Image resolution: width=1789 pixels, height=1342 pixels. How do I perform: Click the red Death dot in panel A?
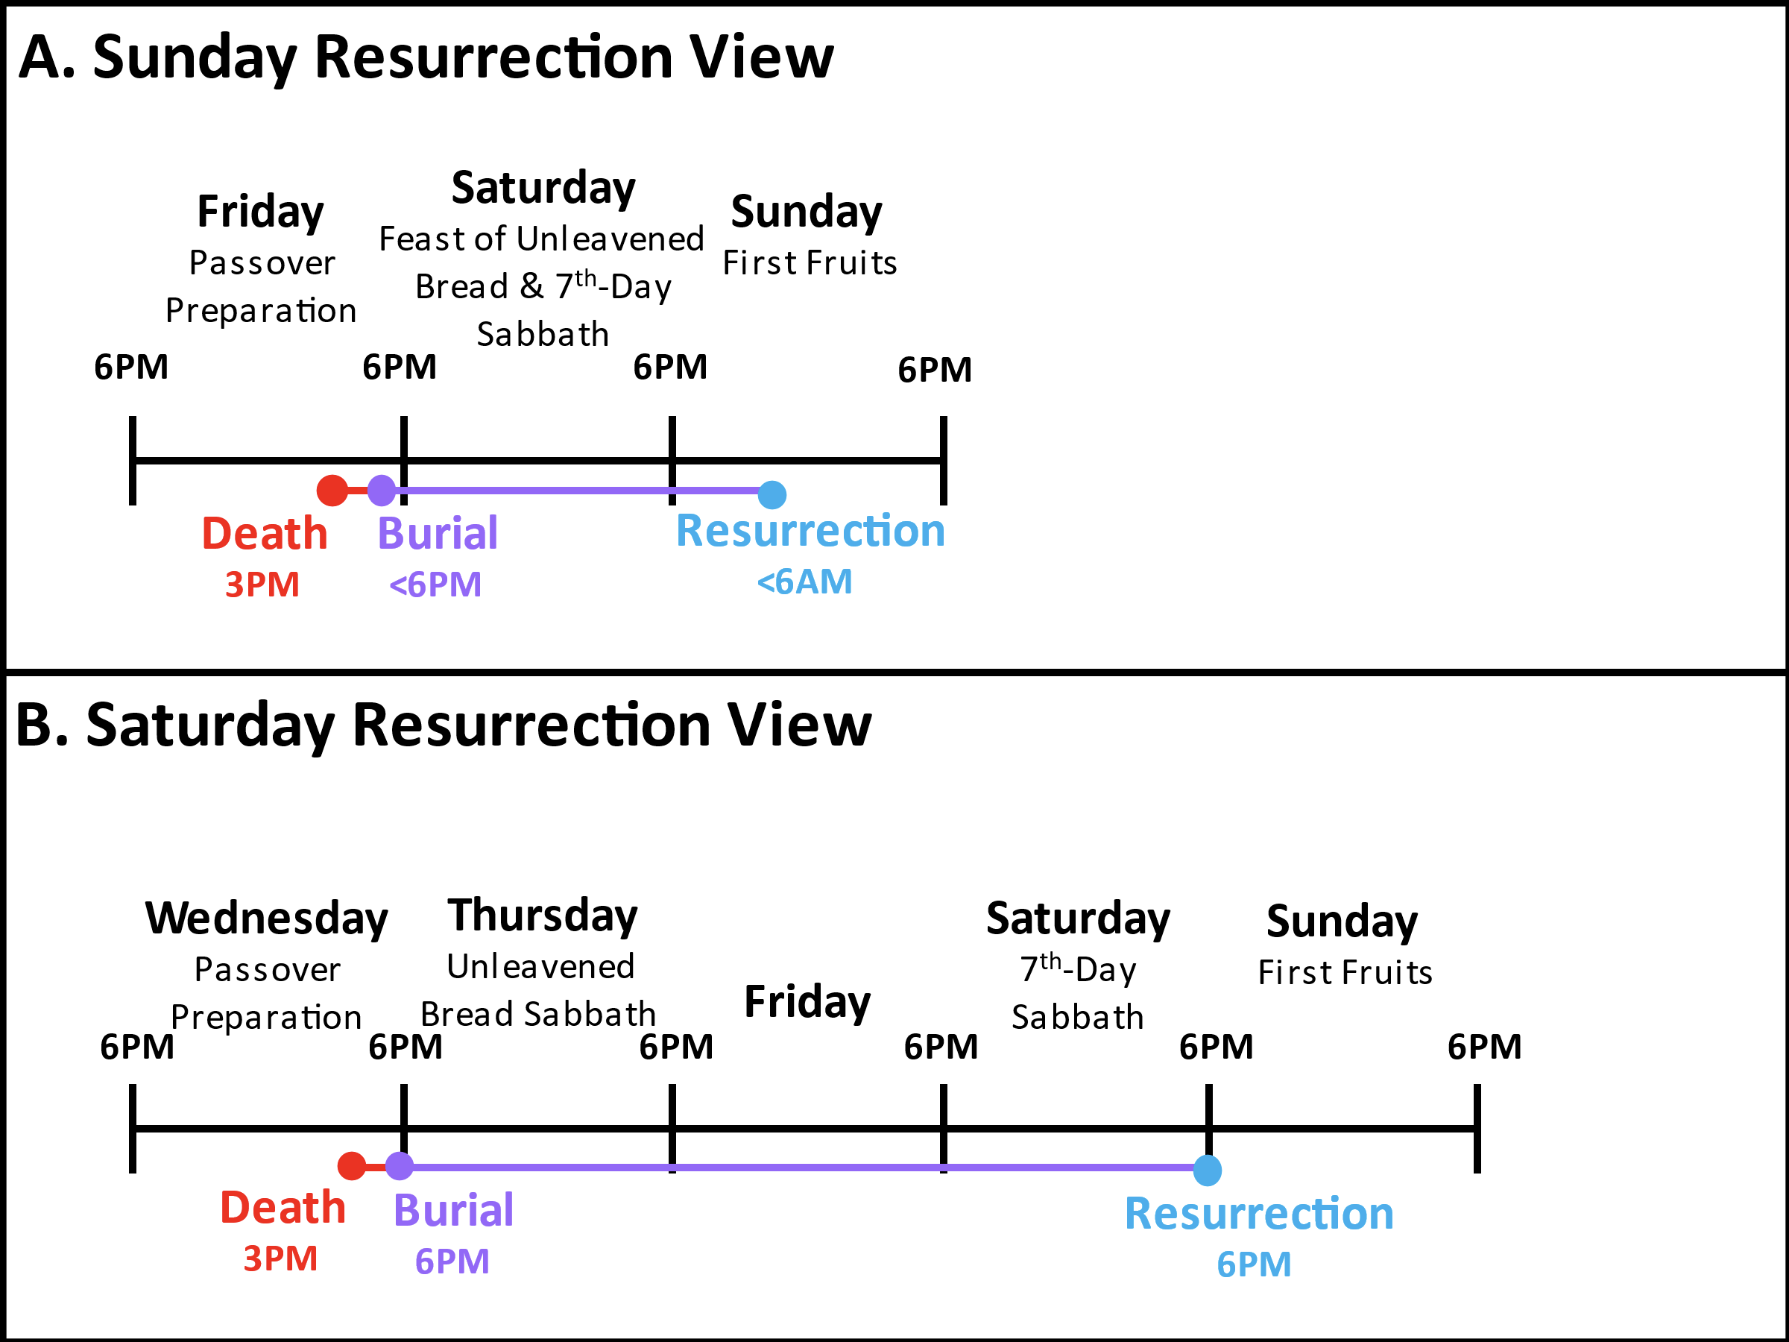coord(332,491)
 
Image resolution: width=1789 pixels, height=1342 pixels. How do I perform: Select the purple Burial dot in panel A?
coord(382,491)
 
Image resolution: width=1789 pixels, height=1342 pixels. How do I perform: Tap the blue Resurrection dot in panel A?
coord(772,494)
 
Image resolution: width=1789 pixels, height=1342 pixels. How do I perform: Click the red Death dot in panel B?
coord(352,1165)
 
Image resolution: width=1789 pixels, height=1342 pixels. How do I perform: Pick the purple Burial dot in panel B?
coord(400,1165)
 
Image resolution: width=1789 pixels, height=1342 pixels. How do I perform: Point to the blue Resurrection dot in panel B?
coord(1208,1171)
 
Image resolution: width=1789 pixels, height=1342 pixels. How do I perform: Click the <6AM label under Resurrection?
coord(805,582)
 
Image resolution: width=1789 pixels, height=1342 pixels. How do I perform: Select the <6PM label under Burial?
coord(435,585)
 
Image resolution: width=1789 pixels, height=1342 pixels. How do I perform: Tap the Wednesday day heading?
coord(267,919)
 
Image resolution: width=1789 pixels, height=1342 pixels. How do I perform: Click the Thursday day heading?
coord(543,916)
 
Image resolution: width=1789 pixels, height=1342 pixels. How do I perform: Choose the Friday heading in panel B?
coord(807,1002)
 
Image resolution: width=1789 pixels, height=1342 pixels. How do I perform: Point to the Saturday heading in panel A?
coord(543,189)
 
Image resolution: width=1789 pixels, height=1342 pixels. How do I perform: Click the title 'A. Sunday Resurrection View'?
coord(426,58)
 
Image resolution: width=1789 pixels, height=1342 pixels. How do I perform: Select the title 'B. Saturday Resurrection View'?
coord(444,725)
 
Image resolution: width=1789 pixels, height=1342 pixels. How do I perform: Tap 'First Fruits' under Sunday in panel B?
coord(1345,972)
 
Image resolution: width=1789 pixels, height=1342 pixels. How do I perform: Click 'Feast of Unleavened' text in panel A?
coord(542,239)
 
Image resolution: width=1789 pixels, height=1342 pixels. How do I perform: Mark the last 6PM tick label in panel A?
coord(935,371)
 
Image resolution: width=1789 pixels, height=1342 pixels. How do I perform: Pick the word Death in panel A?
coord(265,534)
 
